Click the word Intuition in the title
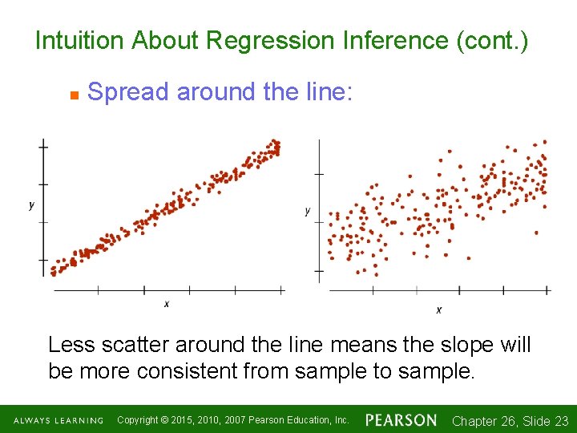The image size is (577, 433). (x=79, y=40)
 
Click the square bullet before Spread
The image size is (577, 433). (x=72, y=95)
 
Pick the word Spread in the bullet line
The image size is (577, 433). (x=128, y=92)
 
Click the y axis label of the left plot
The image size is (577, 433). (x=31, y=205)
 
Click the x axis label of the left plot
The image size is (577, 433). (x=167, y=304)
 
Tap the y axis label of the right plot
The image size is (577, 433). (x=307, y=211)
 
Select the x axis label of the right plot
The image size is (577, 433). (x=439, y=310)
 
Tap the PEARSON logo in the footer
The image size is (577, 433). (x=401, y=419)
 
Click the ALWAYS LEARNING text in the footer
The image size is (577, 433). (x=59, y=420)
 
